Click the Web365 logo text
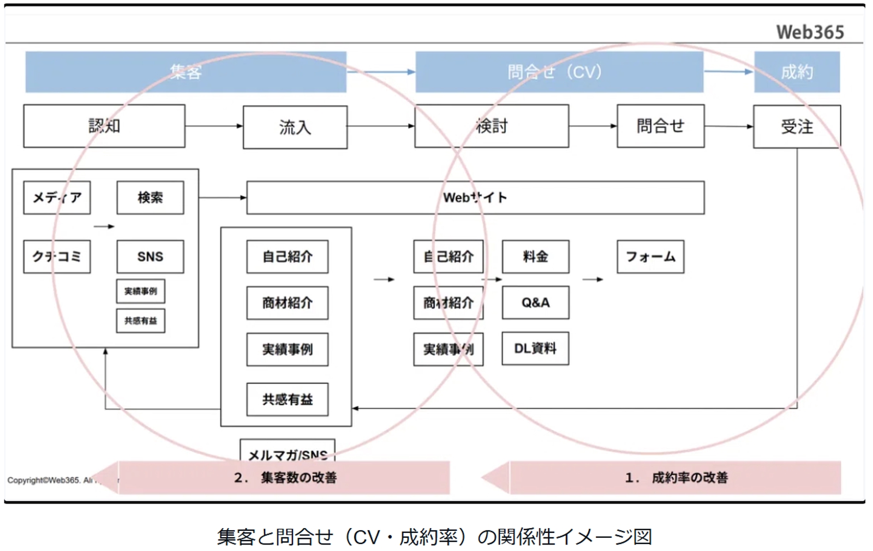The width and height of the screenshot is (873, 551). [810, 32]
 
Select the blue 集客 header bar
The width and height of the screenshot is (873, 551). [186, 71]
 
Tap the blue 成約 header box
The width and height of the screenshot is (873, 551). [797, 71]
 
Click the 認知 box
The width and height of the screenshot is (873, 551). [104, 126]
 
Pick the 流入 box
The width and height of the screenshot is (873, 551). [295, 127]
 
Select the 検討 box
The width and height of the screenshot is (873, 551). [491, 126]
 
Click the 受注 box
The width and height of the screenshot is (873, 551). [797, 127]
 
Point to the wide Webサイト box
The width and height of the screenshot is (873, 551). [475, 197]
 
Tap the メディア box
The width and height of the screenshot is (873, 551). [57, 197]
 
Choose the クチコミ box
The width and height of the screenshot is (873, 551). [57, 256]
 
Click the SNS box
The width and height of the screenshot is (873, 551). [150, 256]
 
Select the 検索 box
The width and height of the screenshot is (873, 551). [150, 197]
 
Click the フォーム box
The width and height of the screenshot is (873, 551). [650, 256]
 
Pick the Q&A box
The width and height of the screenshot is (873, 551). [535, 302]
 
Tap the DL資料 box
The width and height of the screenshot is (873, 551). [535, 348]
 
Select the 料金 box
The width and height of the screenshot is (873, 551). [535, 256]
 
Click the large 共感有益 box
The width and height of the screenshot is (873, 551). [287, 399]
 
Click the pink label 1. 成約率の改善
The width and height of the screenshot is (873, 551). [675, 477]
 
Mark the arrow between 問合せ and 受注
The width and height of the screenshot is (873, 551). [728, 126]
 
